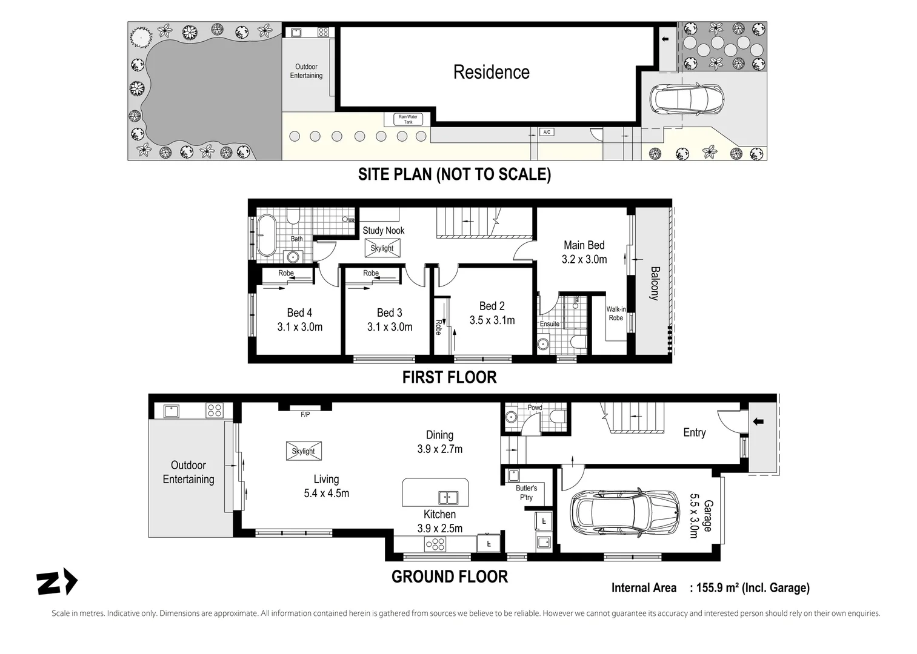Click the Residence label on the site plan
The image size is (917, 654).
tap(491, 72)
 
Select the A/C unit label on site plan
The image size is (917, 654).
tap(547, 132)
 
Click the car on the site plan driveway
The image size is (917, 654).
tap(686, 99)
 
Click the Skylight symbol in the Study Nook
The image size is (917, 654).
tap(382, 248)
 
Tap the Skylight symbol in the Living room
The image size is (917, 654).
tap(303, 451)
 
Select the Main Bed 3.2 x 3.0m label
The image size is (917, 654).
tap(584, 252)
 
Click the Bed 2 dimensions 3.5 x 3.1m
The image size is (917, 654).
tap(492, 320)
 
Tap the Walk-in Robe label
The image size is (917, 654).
tap(616, 314)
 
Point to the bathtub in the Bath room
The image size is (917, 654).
tap(265, 236)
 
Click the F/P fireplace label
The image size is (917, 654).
tap(305, 415)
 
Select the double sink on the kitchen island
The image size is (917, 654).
tap(448, 498)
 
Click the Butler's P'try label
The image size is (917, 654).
tap(526, 492)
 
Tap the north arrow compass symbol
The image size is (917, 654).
tap(57, 583)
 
